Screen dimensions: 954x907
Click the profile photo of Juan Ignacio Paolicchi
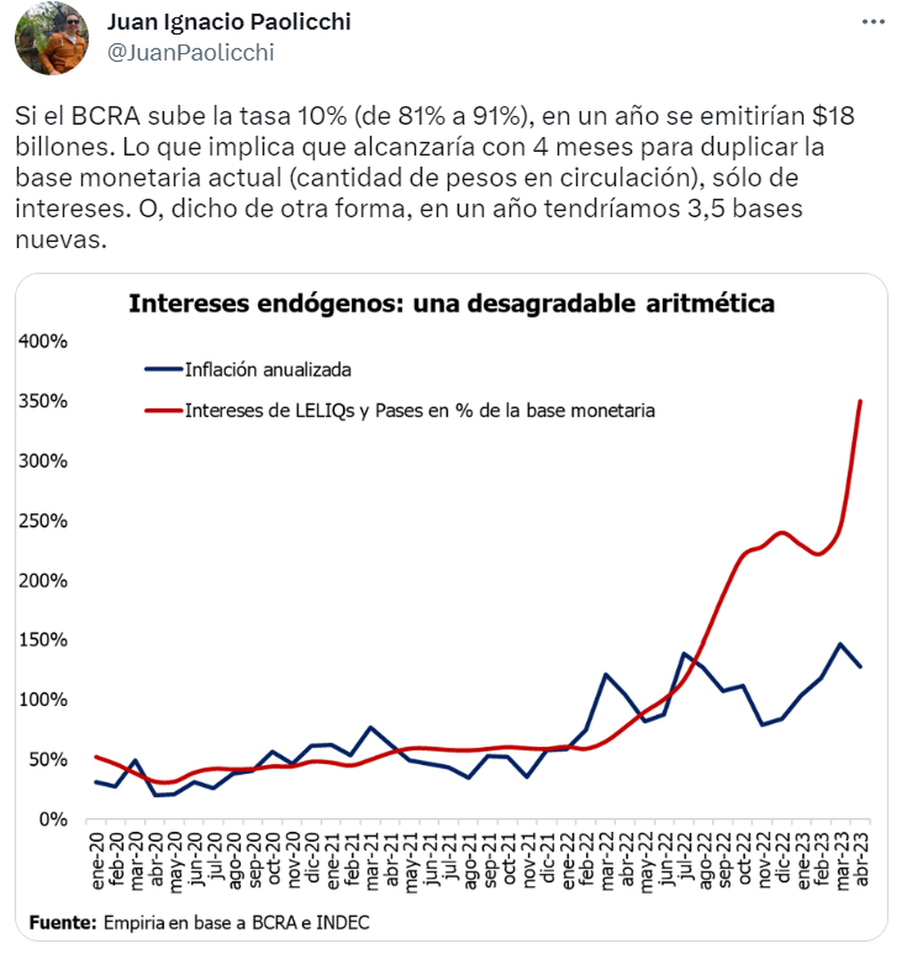coord(51,38)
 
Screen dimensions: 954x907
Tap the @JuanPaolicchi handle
coord(190,53)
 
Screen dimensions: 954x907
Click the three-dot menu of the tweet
coord(873,22)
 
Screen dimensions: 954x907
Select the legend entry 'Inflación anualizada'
coord(268,370)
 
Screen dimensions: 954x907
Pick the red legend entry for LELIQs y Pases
coord(419,410)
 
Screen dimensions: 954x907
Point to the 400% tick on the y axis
coord(43,341)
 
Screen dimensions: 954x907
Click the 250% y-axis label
coord(43,521)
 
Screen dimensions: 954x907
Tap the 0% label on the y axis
coord(53,819)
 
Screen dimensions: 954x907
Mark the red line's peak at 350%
coord(860,401)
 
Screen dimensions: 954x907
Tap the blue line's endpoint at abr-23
coord(860,667)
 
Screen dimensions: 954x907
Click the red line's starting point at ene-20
coord(96,757)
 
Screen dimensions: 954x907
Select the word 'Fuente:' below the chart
coord(63,923)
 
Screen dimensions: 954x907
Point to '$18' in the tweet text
coord(833,116)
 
